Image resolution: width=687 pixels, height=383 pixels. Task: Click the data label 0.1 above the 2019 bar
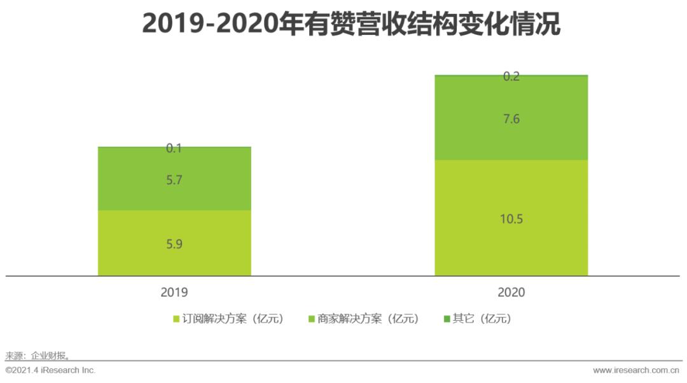pos(174,148)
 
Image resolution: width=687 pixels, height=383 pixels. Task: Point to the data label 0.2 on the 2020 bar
pos(511,76)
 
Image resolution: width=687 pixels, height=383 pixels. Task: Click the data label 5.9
pos(174,244)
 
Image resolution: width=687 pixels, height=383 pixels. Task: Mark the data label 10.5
pos(511,219)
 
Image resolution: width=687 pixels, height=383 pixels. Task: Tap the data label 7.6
pos(511,119)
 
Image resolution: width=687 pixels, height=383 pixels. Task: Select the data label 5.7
pos(174,180)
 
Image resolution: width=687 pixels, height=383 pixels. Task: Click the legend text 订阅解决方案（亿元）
pos(233,319)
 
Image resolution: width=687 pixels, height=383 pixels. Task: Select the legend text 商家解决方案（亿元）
pos(368,319)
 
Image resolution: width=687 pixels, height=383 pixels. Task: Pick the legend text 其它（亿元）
pos(482,319)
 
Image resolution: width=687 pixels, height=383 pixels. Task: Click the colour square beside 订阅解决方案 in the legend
pos(176,319)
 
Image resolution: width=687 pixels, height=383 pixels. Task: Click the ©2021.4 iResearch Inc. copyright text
pos(50,370)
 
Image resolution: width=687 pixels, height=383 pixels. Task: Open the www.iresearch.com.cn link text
pos(636,370)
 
